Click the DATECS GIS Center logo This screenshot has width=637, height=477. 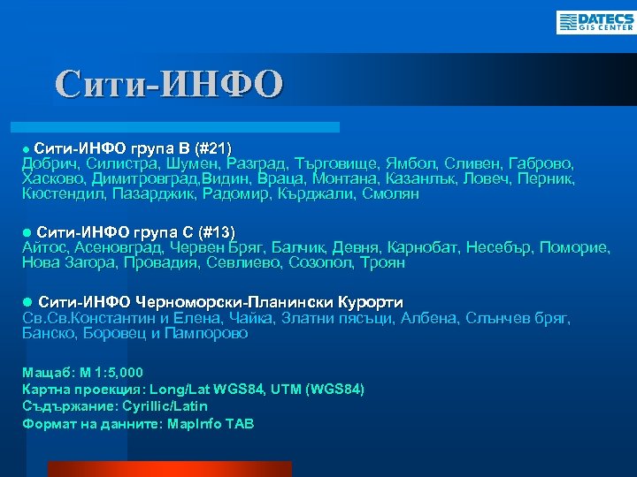click(x=595, y=22)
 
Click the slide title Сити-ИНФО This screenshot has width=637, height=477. click(x=169, y=84)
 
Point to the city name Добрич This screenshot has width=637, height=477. click(x=51, y=163)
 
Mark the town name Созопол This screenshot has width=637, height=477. click(x=318, y=262)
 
